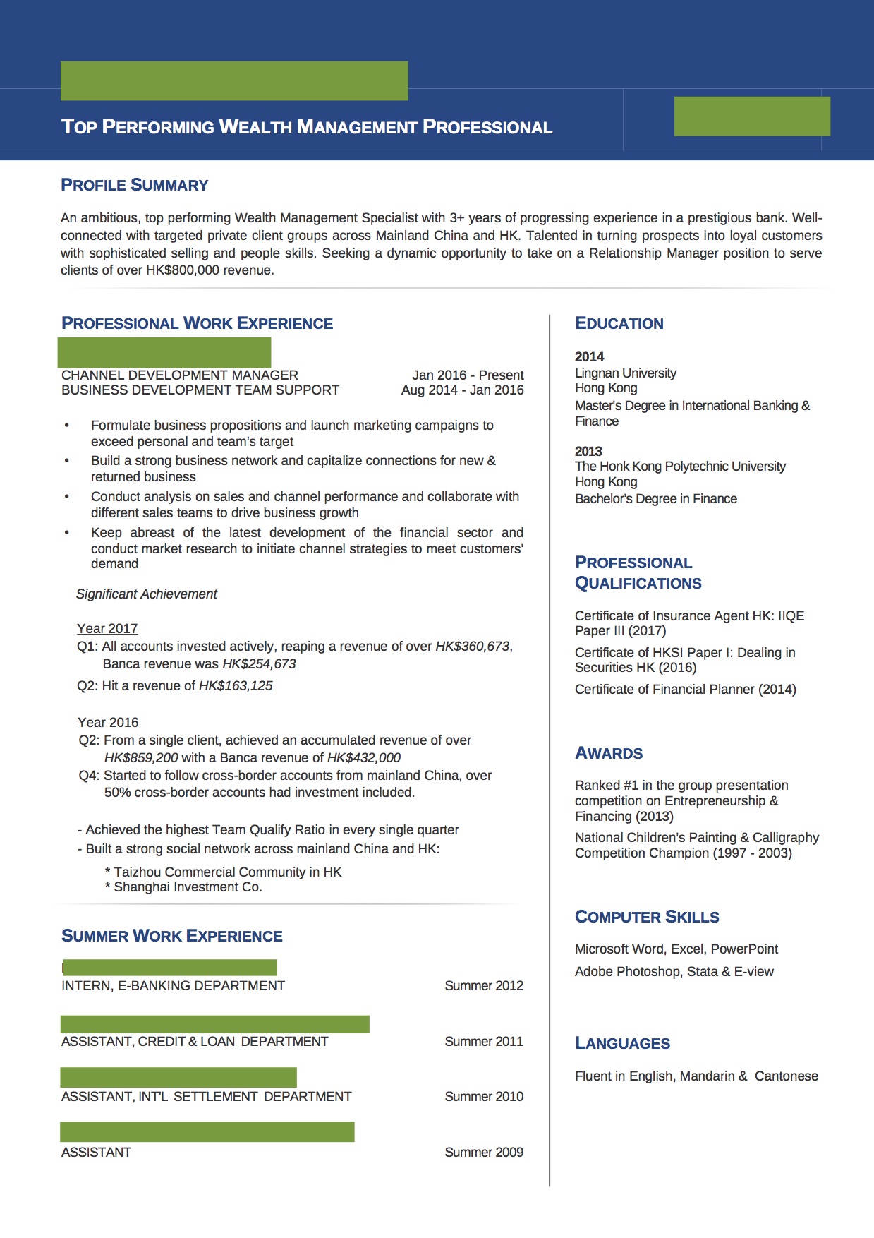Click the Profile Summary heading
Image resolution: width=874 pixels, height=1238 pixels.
tap(134, 185)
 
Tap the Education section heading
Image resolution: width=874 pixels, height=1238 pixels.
tap(619, 323)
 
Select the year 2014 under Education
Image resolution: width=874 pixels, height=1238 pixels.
tap(589, 356)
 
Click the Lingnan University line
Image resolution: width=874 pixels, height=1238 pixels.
tap(625, 373)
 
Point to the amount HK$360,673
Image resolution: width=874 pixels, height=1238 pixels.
tap(472, 646)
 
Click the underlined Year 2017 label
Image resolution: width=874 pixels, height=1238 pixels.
tap(107, 628)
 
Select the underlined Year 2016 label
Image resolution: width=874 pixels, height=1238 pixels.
tap(108, 722)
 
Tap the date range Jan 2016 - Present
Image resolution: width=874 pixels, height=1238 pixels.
tap(468, 375)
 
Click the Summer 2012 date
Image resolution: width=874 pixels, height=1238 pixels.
tap(483, 985)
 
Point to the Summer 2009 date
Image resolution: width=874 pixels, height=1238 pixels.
tap(483, 1152)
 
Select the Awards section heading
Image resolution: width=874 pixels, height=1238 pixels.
tap(609, 753)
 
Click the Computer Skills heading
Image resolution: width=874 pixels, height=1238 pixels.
tap(647, 917)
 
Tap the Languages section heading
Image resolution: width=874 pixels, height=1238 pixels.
tap(622, 1043)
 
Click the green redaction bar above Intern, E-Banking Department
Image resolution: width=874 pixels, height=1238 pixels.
tap(169, 967)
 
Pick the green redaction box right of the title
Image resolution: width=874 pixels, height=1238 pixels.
tap(752, 116)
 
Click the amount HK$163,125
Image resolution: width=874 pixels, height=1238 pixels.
tap(236, 685)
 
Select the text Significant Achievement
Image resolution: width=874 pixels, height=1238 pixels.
tap(146, 594)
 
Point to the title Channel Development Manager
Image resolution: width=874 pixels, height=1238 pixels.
tap(180, 375)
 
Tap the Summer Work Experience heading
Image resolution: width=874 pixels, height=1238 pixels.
tap(171, 936)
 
